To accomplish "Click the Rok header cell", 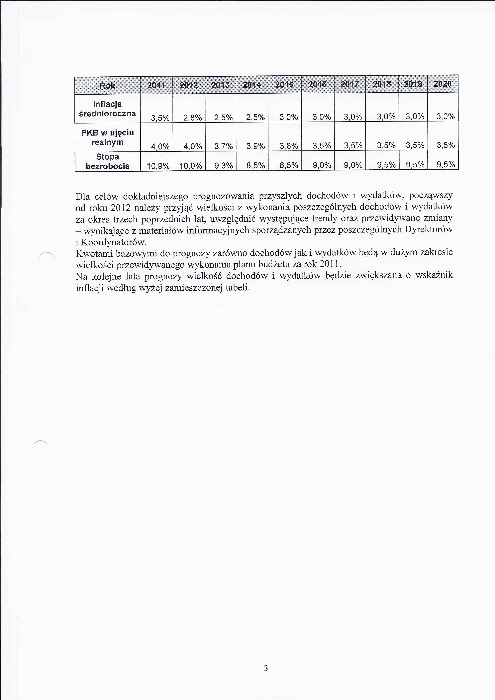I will [x=107, y=86].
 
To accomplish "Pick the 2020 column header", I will [x=443, y=84].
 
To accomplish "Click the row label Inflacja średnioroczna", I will [x=107, y=109].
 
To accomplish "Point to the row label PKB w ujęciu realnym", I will [x=107, y=137].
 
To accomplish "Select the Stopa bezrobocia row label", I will [x=107, y=161].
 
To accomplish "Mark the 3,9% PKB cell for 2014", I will [x=255, y=146].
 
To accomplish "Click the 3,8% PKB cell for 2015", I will [x=289, y=146].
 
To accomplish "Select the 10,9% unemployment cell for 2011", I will [x=158, y=166].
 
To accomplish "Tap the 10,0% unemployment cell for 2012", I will [x=191, y=166].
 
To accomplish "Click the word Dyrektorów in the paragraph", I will [x=429, y=229].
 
